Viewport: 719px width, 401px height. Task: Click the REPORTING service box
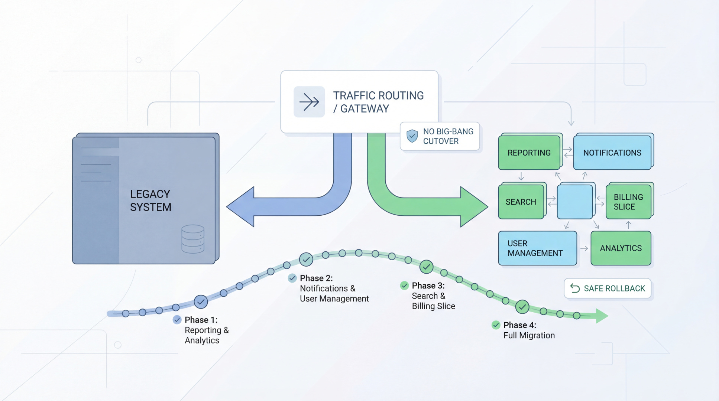click(529, 153)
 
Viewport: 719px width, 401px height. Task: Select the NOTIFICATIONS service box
click(612, 153)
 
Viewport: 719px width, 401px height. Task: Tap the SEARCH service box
click(521, 202)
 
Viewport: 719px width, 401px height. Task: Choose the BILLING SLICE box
click(628, 202)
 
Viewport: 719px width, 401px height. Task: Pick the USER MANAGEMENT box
click(537, 248)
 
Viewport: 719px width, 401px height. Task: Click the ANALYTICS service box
click(621, 248)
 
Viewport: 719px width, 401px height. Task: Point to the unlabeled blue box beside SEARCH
click(574, 202)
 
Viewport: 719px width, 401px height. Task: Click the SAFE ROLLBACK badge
click(608, 288)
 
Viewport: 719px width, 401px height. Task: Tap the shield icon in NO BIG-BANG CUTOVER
click(412, 136)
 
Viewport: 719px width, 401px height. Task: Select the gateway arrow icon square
click(309, 102)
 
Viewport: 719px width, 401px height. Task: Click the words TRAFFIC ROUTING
click(378, 95)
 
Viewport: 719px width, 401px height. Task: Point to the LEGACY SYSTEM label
click(150, 200)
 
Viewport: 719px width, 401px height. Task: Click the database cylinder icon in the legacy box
click(193, 239)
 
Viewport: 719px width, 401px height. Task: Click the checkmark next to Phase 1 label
click(177, 320)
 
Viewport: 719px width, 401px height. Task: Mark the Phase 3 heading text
click(428, 286)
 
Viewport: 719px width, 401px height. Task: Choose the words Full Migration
click(529, 335)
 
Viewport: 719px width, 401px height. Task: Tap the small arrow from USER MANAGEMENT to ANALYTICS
click(584, 248)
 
